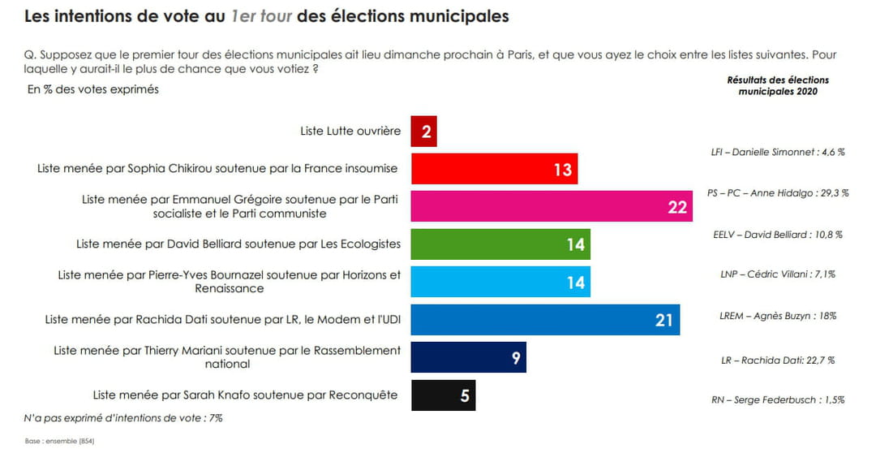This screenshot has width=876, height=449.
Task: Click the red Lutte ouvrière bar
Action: (x=424, y=132)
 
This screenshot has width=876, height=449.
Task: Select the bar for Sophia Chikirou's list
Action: (x=495, y=169)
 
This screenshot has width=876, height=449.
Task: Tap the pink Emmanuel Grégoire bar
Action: (x=552, y=206)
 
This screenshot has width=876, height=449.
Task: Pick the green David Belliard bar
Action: (x=500, y=244)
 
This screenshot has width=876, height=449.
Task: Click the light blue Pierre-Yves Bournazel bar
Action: (x=500, y=282)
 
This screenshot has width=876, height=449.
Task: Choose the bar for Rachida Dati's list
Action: (x=545, y=320)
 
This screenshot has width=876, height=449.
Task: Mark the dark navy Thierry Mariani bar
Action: (x=468, y=357)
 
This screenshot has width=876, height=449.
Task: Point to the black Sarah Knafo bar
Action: (x=443, y=395)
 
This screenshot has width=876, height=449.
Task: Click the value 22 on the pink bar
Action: (x=677, y=207)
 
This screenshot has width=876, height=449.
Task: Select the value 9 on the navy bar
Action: (x=515, y=358)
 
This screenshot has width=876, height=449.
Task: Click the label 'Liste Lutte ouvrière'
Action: (x=350, y=131)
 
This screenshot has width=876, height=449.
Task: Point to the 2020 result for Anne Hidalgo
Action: (x=778, y=193)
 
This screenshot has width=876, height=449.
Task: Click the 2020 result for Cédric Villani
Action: (x=778, y=274)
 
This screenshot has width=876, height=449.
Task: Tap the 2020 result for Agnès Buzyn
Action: (x=778, y=316)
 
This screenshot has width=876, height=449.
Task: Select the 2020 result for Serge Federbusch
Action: (x=778, y=399)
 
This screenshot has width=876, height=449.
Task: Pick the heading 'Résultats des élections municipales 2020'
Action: (x=778, y=86)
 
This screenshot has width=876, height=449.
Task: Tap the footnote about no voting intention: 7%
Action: (x=123, y=418)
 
